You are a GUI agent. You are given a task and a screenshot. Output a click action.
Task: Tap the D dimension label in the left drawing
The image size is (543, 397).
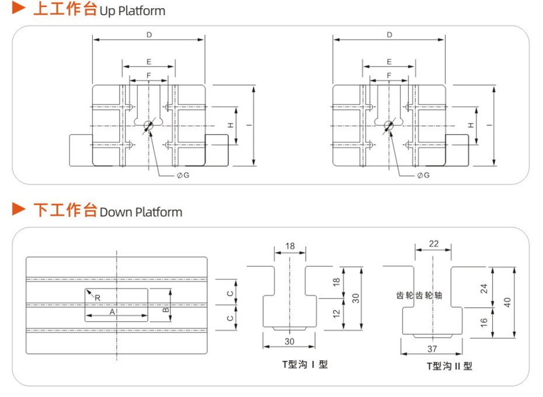point(149,35)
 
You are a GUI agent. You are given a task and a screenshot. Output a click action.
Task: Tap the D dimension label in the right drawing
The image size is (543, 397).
point(389,35)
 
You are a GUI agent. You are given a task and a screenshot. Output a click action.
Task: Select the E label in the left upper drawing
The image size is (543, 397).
point(149,61)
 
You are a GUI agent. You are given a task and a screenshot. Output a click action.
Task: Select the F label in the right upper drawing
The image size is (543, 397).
point(389,75)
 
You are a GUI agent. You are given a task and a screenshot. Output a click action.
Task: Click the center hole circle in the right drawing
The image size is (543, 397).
point(389,125)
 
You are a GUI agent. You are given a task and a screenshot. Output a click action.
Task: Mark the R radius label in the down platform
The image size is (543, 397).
point(98,297)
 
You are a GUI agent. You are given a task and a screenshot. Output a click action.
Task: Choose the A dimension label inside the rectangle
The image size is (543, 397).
point(112,312)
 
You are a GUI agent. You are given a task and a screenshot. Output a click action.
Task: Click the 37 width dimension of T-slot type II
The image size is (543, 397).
point(432,349)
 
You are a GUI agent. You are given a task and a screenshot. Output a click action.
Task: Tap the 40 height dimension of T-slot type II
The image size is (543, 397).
point(508,302)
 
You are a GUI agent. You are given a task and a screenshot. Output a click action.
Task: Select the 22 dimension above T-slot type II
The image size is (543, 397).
point(433,244)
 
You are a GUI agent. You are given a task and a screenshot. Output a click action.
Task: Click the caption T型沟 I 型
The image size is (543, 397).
point(305,365)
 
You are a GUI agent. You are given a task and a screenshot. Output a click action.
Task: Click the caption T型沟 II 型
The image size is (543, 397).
point(449,366)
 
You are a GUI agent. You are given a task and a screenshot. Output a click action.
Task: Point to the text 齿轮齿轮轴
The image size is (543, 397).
point(419,296)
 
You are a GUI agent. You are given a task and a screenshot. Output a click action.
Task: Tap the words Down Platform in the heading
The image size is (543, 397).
point(141,211)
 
